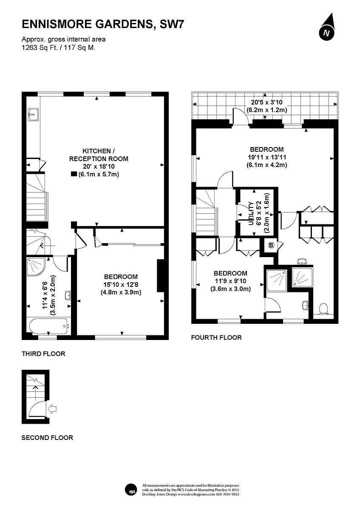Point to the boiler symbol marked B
tap(270, 246)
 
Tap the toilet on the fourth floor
tap(323, 308)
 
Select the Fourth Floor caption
tap(216, 337)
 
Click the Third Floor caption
tap(43, 354)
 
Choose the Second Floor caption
tap(47, 437)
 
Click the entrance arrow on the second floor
tap(53, 409)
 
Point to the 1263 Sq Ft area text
tap(59, 48)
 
